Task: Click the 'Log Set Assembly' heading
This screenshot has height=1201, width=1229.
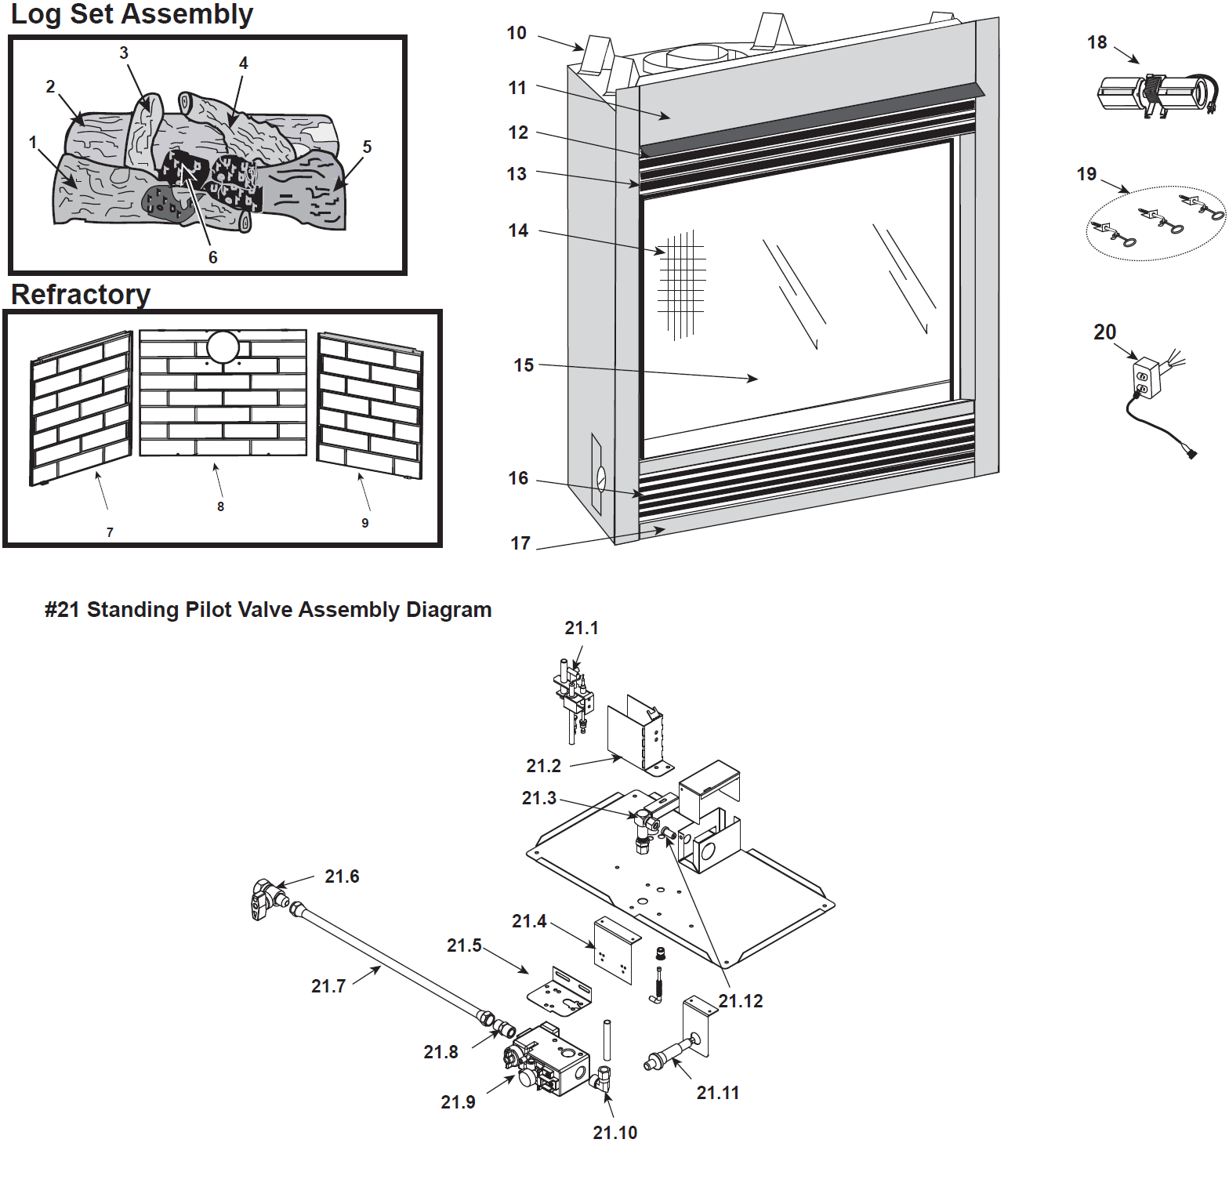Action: [x=132, y=14]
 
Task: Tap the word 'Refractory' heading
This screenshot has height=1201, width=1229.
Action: [x=81, y=295]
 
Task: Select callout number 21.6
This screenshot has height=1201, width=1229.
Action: [x=342, y=876]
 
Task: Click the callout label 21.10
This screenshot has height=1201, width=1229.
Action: [x=615, y=1133]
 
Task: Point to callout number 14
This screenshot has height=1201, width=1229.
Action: [x=518, y=230]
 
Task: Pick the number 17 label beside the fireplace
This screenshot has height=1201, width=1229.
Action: [x=520, y=543]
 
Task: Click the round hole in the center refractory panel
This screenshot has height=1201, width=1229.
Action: [x=223, y=347]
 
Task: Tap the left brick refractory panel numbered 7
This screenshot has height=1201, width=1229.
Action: [x=81, y=408]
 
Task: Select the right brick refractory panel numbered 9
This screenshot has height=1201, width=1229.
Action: [x=369, y=406]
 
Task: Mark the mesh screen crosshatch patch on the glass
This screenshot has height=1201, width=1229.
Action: [x=681, y=284]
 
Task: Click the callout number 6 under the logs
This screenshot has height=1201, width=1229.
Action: [x=212, y=258]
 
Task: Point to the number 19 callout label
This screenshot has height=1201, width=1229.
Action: [x=1086, y=174]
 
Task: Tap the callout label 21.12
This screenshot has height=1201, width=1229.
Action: [x=741, y=1001]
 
